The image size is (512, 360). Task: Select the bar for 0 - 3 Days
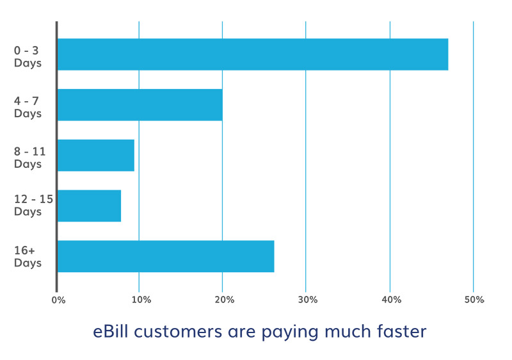pyautogui.click(x=253, y=54)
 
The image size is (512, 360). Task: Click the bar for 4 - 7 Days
pyautogui.click(x=140, y=105)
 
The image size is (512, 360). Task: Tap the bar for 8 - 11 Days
pyautogui.click(x=96, y=155)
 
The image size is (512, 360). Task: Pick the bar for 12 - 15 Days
pyautogui.click(x=90, y=206)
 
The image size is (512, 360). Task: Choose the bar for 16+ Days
pyautogui.click(x=166, y=256)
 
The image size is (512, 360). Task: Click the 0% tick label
pyautogui.click(x=58, y=300)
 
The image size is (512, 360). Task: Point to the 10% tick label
pyautogui.click(x=141, y=300)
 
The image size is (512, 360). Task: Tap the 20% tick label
pyautogui.click(x=225, y=300)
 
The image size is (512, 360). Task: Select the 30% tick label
pyautogui.click(x=308, y=300)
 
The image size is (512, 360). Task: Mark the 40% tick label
pyautogui.click(x=392, y=300)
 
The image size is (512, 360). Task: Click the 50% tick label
pyautogui.click(x=474, y=300)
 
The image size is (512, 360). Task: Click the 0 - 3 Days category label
pyautogui.click(x=28, y=56)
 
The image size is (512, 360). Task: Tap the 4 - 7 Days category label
pyautogui.click(x=28, y=107)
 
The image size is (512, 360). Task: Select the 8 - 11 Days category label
pyautogui.click(x=29, y=158)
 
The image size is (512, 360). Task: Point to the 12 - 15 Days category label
pyautogui.click(x=33, y=205)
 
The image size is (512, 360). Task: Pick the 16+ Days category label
pyautogui.click(x=28, y=256)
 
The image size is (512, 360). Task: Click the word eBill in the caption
pyautogui.click(x=110, y=331)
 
